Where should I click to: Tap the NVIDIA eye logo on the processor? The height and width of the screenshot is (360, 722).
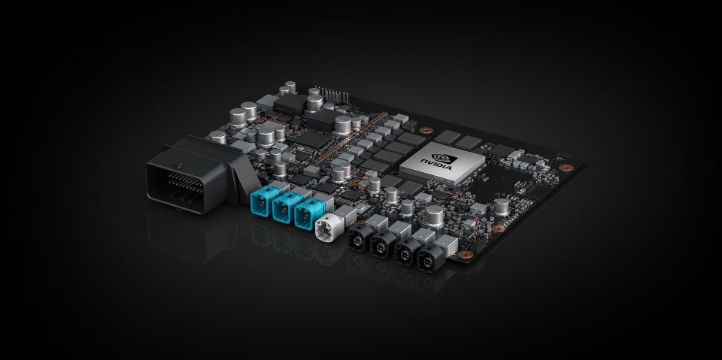(x=448, y=159)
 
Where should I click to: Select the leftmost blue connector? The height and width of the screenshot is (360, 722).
(x=262, y=203)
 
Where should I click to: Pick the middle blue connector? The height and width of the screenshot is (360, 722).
(x=284, y=208)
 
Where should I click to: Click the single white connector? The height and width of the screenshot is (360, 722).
(x=327, y=226)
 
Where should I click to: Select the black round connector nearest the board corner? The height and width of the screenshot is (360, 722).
(x=429, y=259)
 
